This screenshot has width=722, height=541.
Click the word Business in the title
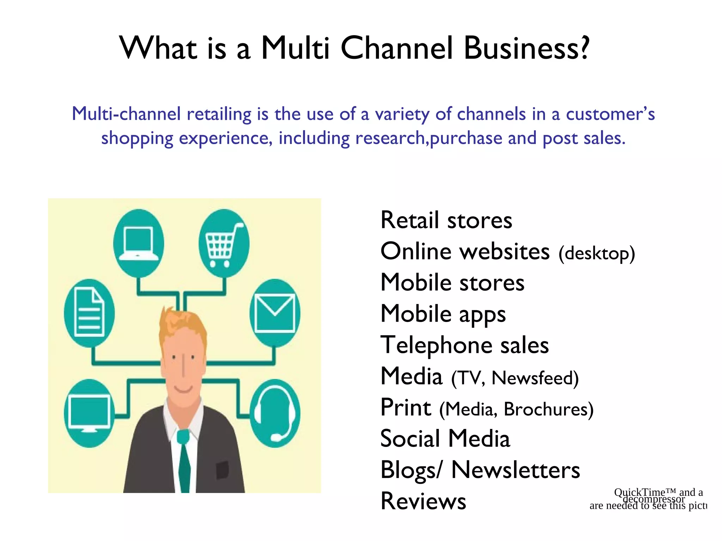point(526,48)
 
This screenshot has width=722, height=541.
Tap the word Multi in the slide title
point(295,48)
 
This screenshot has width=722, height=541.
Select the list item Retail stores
point(446,220)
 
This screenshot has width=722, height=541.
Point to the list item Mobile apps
point(443,314)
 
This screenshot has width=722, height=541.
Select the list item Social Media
point(445,439)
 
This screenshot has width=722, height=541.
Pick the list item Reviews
point(423,501)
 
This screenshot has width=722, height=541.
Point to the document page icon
point(89,313)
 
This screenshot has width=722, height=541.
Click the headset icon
point(275,413)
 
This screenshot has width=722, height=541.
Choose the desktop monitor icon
point(89,413)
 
